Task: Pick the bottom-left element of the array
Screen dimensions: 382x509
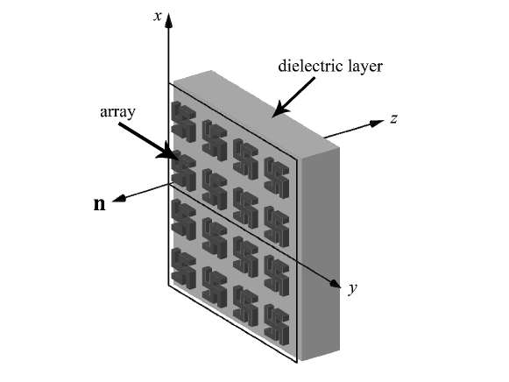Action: [184, 267]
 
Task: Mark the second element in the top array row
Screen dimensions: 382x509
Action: [215, 138]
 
